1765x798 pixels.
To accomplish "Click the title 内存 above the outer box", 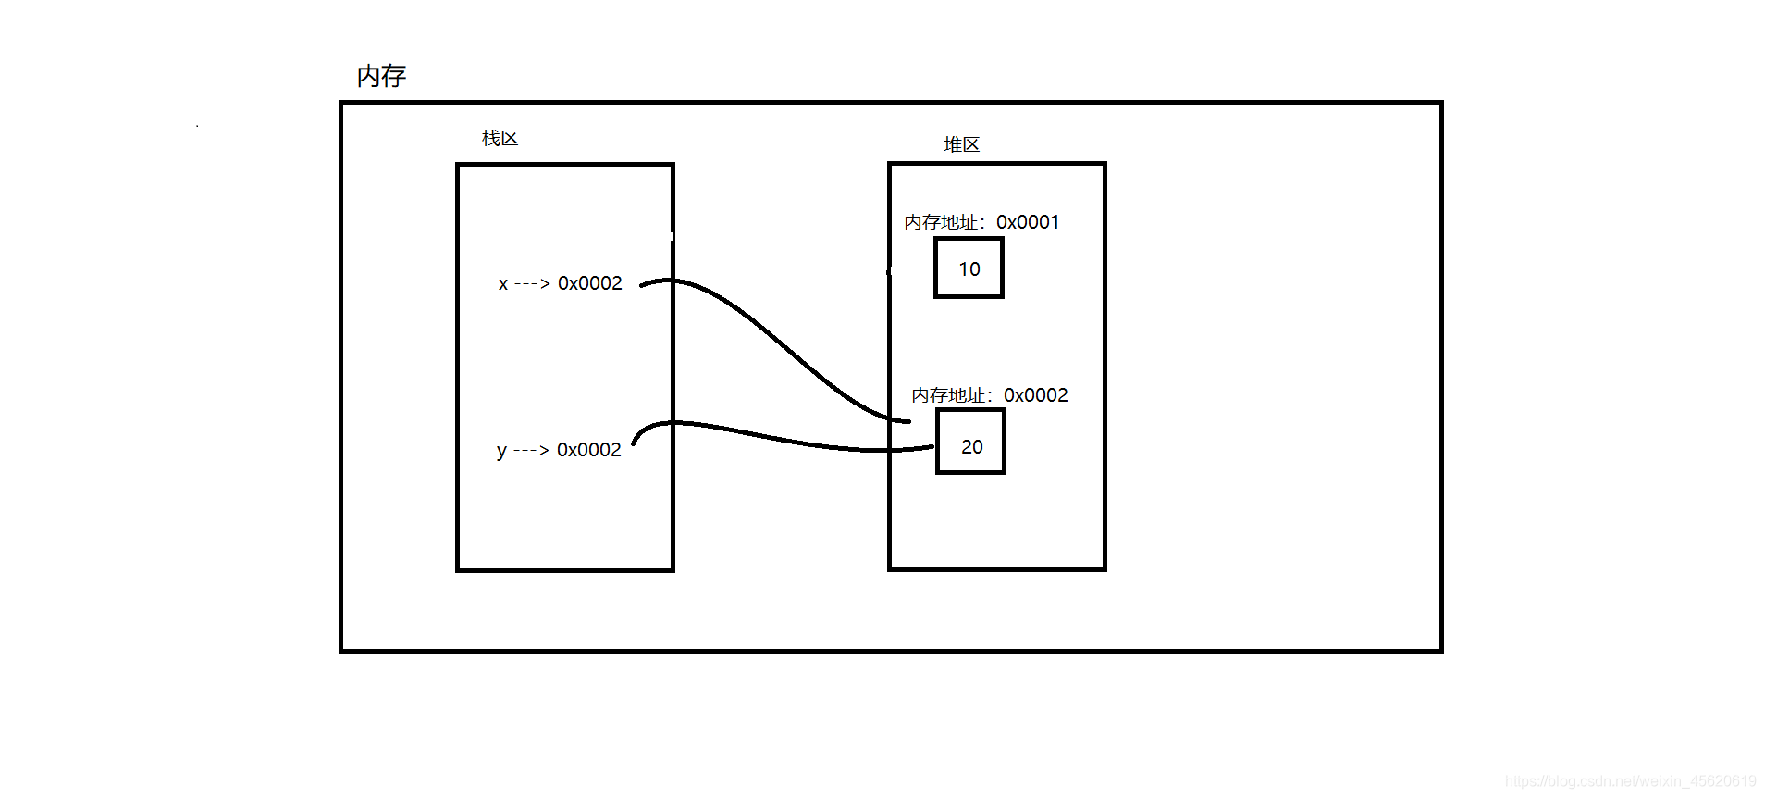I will pos(381,76).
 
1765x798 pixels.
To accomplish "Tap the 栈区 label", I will pos(500,139).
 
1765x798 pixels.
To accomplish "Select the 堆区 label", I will pos(961,145).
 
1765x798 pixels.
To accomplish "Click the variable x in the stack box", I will pos(503,284).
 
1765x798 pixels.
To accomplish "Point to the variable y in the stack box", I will pos(501,451).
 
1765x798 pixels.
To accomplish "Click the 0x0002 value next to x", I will pos(590,283).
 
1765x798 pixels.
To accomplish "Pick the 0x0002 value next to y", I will pos(589,450).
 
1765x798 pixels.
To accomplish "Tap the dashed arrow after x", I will pos(532,284).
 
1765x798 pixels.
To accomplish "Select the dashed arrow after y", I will pos(531,451).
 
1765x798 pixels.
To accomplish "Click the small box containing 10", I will pos(969,268).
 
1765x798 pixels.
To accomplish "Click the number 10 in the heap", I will pos(969,269).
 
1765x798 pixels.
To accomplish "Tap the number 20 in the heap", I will pos(972,447).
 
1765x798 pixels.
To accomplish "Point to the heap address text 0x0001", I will pos(1028,222).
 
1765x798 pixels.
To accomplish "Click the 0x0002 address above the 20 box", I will pos(1036,395).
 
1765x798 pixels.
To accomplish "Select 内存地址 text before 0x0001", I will pos(941,222).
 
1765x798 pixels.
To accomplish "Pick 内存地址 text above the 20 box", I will pos(948,395).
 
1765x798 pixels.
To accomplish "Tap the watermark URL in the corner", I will pos(1630,781).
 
